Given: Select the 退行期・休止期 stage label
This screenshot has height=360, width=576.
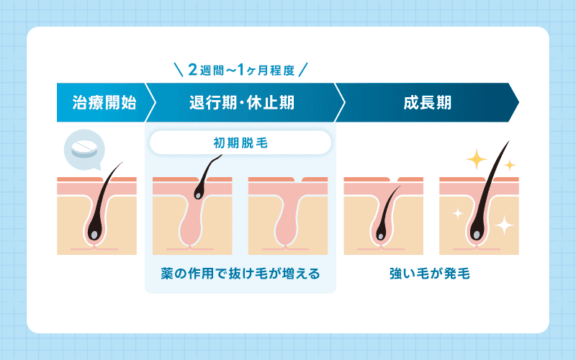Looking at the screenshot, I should (x=240, y=102).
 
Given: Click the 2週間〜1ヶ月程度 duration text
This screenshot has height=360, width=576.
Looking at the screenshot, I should (x=241, y=71).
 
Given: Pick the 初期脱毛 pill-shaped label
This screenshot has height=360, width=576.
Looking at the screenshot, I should (x=240, y=142).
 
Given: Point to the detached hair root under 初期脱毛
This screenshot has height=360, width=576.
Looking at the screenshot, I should (x=199, y=192).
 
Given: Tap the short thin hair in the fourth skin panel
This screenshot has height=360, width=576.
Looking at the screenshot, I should (x=389, y=209).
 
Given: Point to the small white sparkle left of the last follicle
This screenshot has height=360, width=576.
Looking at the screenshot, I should (x=455, y=212).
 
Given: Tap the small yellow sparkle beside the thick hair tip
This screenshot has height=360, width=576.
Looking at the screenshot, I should (x=510, y=165).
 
